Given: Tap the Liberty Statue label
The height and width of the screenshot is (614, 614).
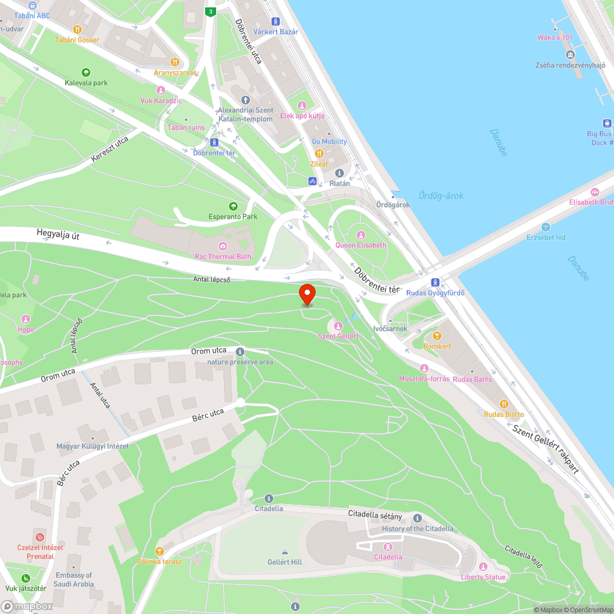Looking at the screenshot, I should pos(483,577).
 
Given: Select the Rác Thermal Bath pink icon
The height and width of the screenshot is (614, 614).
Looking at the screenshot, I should pos(222,246).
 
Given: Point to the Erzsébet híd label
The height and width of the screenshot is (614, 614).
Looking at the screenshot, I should pos(546,237).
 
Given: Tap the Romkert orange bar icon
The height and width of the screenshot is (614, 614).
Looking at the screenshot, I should pos(437,336).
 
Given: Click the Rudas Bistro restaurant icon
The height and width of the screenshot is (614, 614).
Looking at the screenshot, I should pos(503,403).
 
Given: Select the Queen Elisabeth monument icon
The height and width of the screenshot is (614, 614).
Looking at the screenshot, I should pos(361,235).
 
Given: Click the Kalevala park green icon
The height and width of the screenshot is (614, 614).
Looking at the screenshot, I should pos(85,72).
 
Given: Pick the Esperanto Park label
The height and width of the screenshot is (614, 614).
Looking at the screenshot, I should pos(233,217).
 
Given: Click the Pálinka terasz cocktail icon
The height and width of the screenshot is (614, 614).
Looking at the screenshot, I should pos(159,551).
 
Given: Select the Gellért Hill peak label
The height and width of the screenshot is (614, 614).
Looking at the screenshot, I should pos(285,562).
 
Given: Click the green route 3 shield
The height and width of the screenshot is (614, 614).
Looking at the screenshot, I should pos(211,12).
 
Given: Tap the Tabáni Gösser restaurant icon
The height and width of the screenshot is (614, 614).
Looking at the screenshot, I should pos(77,29).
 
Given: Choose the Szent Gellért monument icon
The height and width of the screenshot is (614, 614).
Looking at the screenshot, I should pos(338,325).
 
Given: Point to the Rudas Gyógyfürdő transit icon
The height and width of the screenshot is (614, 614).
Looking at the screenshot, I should pos(435,282).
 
